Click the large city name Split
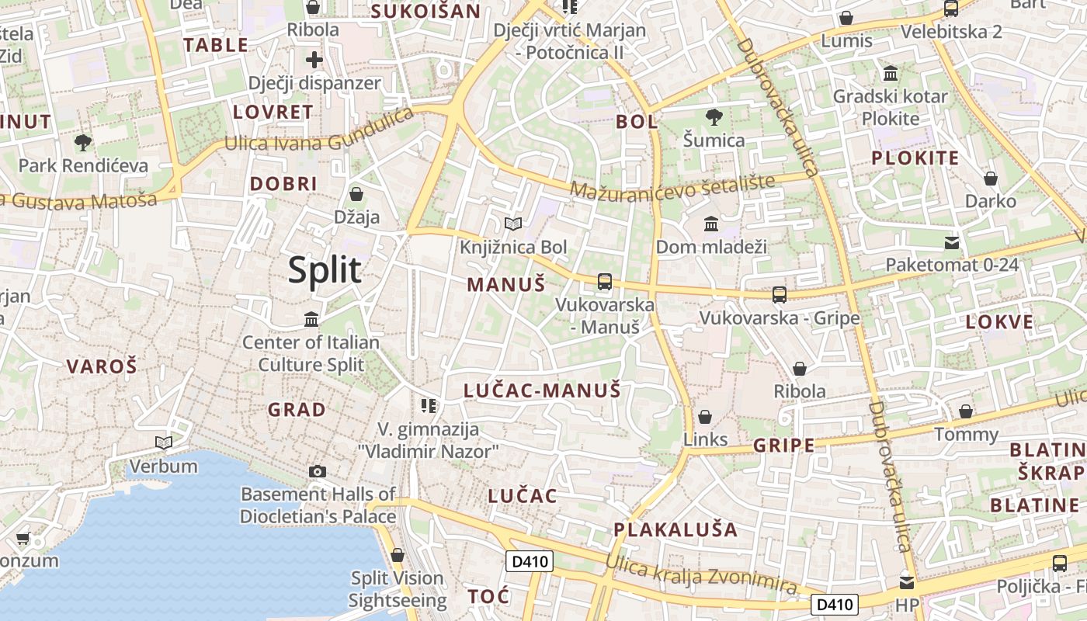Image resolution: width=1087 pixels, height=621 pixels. pos(325,270)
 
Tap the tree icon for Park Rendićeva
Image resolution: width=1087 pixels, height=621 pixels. pos(82,142)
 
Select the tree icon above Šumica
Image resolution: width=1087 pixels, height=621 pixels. pos(714,117)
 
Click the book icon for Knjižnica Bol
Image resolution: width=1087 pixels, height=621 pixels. pos(512,224)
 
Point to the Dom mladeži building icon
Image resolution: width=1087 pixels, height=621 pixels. pos(710,224)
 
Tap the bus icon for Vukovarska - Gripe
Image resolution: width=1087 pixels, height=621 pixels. pos(780,295)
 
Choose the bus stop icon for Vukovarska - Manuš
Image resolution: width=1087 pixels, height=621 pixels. pos(605,282)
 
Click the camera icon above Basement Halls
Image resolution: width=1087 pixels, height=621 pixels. pos(317,471)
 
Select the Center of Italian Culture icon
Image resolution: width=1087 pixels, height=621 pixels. pos(311,319)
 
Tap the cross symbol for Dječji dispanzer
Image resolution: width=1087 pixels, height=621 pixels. pos(314,60)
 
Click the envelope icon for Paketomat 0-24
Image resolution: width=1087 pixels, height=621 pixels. pos(952,243)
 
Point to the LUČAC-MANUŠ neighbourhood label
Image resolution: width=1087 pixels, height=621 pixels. pos(542,390)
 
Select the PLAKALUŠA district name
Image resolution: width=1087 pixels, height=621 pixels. pos(675,530)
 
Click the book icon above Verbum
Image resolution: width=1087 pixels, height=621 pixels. pos(163,443)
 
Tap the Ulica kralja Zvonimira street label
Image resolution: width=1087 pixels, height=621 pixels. pos(701,575)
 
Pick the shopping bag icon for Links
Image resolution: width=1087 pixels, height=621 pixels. pos(705,417)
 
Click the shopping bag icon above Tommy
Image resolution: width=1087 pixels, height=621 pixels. pos(966,411)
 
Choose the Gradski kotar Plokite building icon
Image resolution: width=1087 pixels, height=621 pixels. pos(891,74)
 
